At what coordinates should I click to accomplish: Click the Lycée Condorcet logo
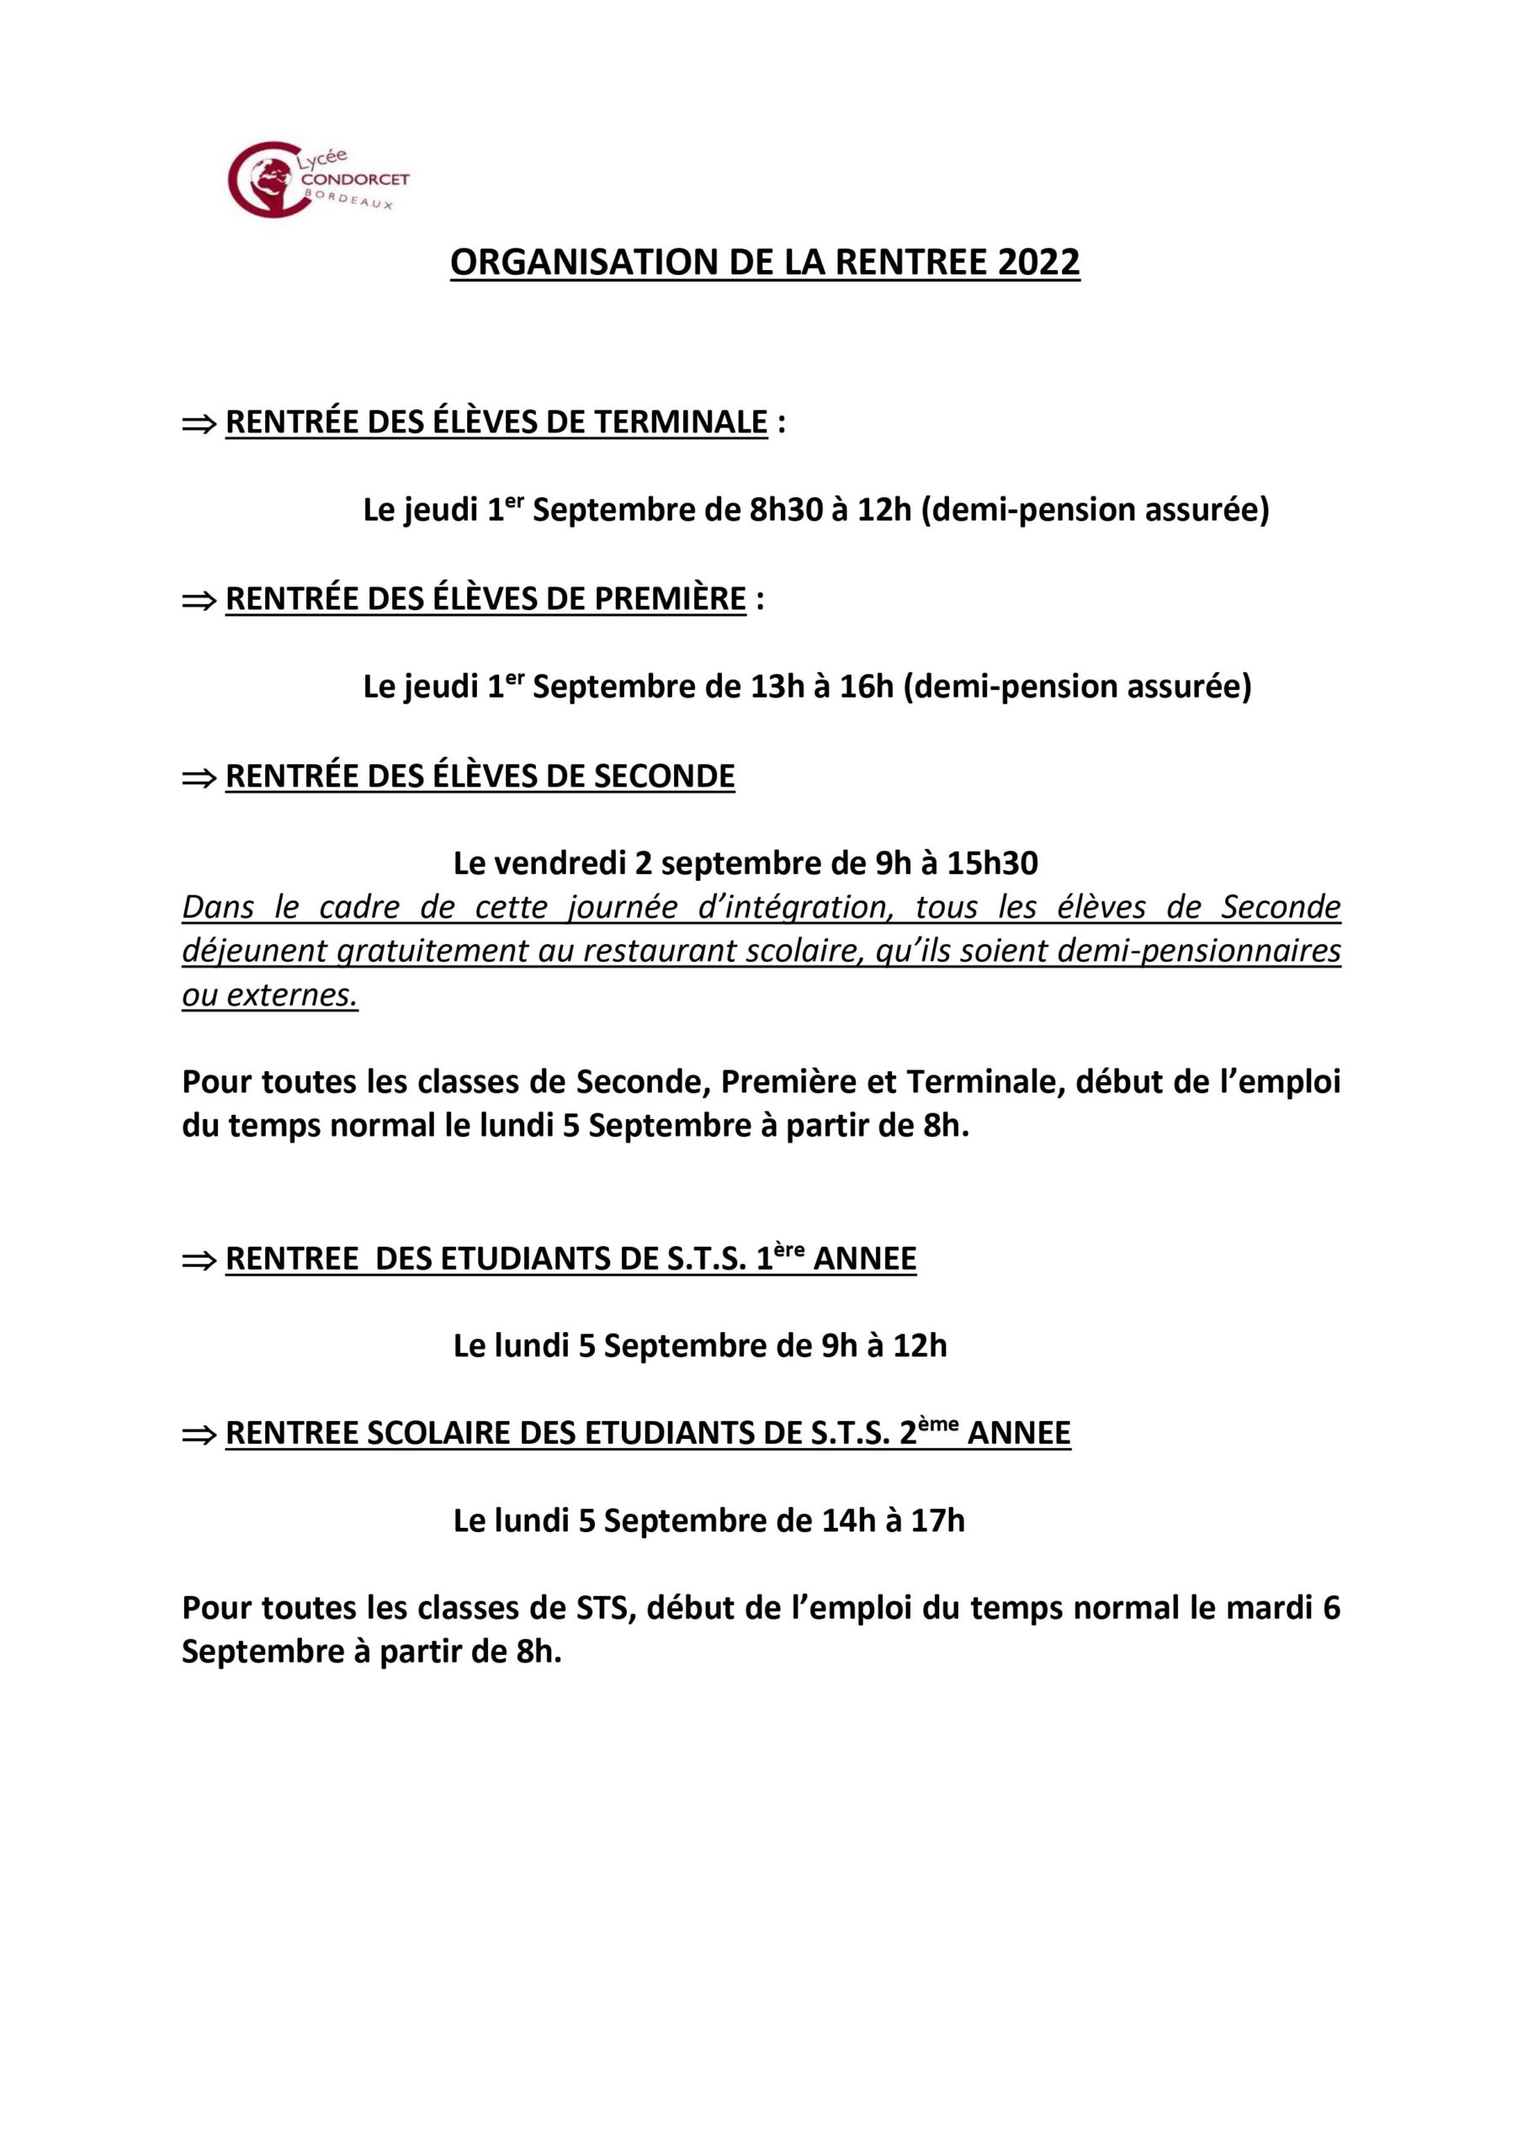[x=318, y=178]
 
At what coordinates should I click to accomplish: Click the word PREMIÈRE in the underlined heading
[x=670, y=598]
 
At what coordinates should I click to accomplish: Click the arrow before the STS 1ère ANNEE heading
[x=198, y=1260]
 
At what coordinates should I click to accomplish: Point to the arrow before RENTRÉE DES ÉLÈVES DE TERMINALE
[x=198, y=424]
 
